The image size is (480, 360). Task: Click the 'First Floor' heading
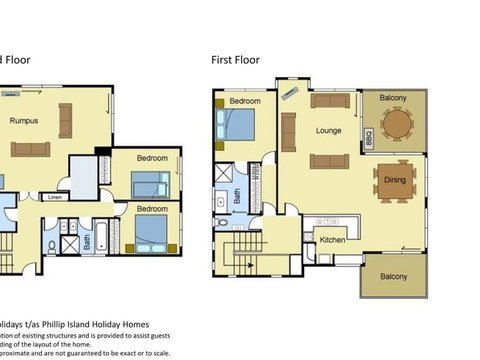pos(235,60)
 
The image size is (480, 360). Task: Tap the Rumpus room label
pos(25,121)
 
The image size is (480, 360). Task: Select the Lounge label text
pos(329,130)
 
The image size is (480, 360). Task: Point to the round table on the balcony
pos(398,123)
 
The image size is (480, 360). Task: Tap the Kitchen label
pos(332,240)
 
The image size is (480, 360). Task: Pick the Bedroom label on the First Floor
pos(245,102)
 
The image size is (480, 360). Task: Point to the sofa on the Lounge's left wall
pos(288,131)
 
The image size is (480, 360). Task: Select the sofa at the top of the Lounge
pos(329,100)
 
